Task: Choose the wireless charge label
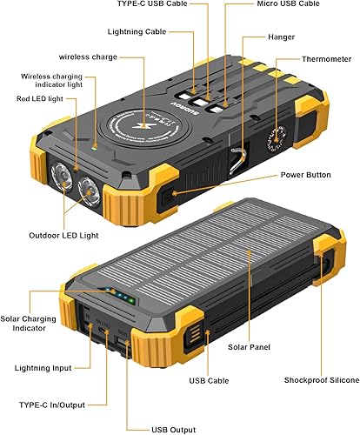pos(88,57)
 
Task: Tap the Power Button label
pos(305,175)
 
